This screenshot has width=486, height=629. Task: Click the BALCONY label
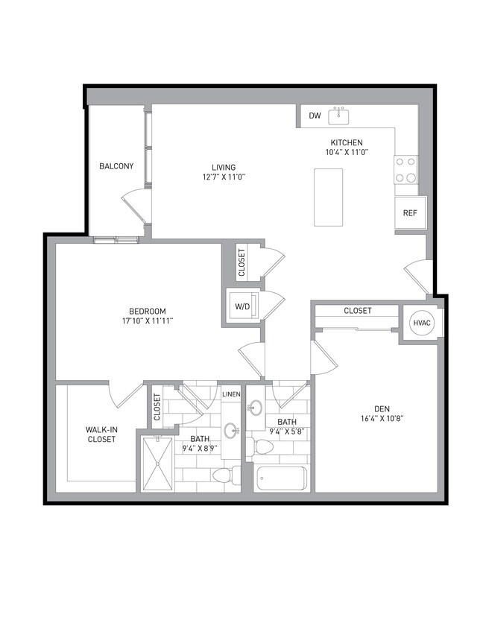click(116, 166)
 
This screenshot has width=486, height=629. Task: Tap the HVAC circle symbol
click(418, 322)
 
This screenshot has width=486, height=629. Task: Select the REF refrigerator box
click(410, 213)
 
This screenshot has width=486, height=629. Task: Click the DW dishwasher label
click(315, 116)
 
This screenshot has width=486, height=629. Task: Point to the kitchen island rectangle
click(328, 197)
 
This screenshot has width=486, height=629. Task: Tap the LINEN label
click(231, 393)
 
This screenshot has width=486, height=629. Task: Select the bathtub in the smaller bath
click(282, 478)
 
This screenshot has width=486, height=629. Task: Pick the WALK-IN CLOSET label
click(101, 434)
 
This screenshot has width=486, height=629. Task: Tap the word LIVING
click(224, 167)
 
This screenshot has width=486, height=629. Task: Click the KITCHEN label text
click(347, 142)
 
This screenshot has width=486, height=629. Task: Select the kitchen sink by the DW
click(339, 116)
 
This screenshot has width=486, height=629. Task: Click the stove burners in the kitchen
click(406, 169)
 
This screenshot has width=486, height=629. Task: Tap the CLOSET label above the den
click(358, 311)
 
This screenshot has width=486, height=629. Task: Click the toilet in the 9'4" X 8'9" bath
click(224, 475)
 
